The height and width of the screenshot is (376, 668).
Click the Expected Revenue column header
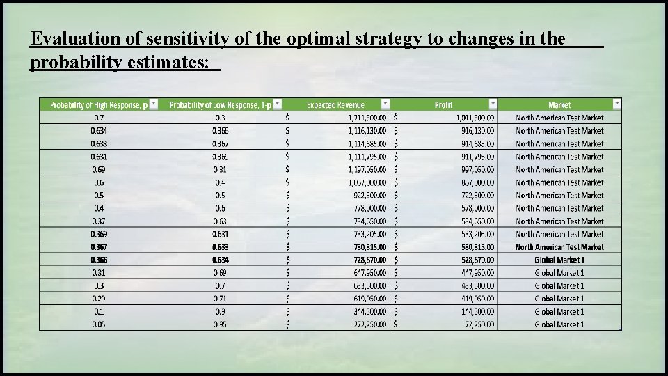pos(335,105)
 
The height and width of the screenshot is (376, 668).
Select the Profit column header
pos(443,105)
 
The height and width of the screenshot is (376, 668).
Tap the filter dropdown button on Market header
pos(617,104)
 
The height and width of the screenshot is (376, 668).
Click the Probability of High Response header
pos(98,105)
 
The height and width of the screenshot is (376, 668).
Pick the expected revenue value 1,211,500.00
pos(368,118)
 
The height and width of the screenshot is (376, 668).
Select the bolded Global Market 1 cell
pos(559,260)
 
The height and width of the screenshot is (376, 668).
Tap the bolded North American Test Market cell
pos(559,247)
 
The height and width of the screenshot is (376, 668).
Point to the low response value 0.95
pos(220,324)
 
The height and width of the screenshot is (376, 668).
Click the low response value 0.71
pos(220,299)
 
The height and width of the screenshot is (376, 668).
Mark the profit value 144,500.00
pos(473,311)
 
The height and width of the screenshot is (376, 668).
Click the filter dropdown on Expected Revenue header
pos(385,104)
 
